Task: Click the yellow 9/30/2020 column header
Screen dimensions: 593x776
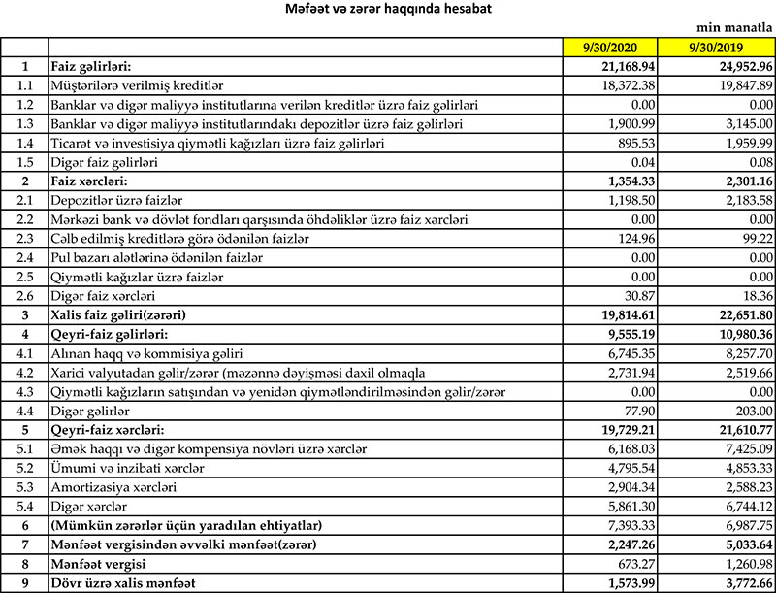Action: point(610,47)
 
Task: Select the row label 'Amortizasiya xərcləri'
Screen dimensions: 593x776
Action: point(113,485)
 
